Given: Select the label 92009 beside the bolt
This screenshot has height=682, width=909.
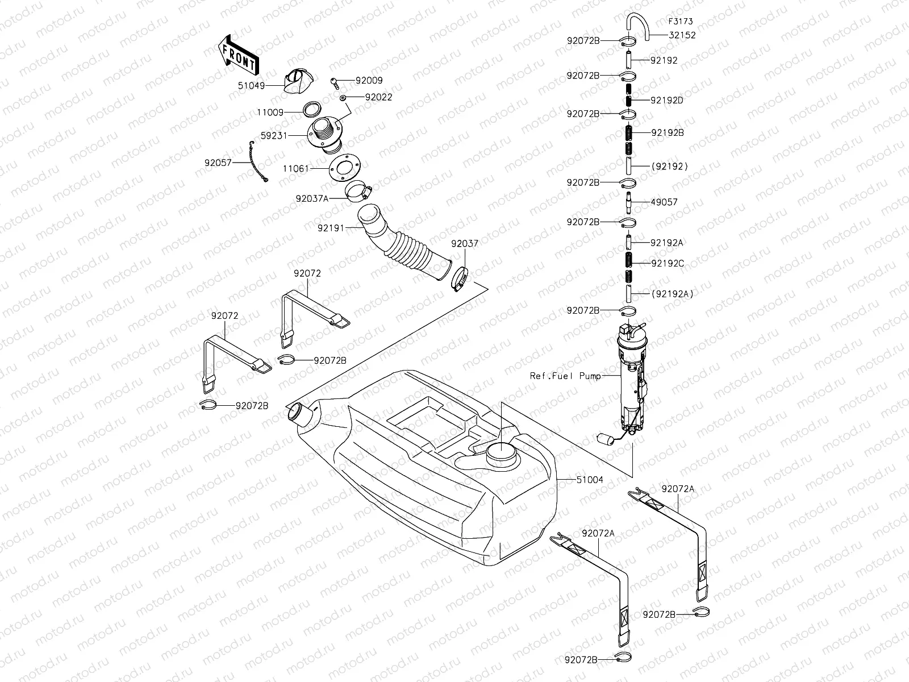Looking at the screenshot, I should point(369,81).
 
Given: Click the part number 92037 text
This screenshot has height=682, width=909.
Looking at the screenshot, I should point(465,243).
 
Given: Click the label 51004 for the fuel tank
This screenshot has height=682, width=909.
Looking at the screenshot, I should point(590,480).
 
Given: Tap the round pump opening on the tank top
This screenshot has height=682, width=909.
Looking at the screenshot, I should point(502,454).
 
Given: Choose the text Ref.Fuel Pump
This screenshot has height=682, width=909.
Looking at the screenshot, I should point(565,376).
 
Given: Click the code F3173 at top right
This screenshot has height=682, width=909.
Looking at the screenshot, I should point(680,22).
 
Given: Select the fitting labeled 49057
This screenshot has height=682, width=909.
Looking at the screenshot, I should point(629,201).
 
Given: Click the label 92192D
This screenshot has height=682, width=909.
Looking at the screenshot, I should point(667,101).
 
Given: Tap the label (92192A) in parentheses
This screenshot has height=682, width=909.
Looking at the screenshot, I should point(672,294).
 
